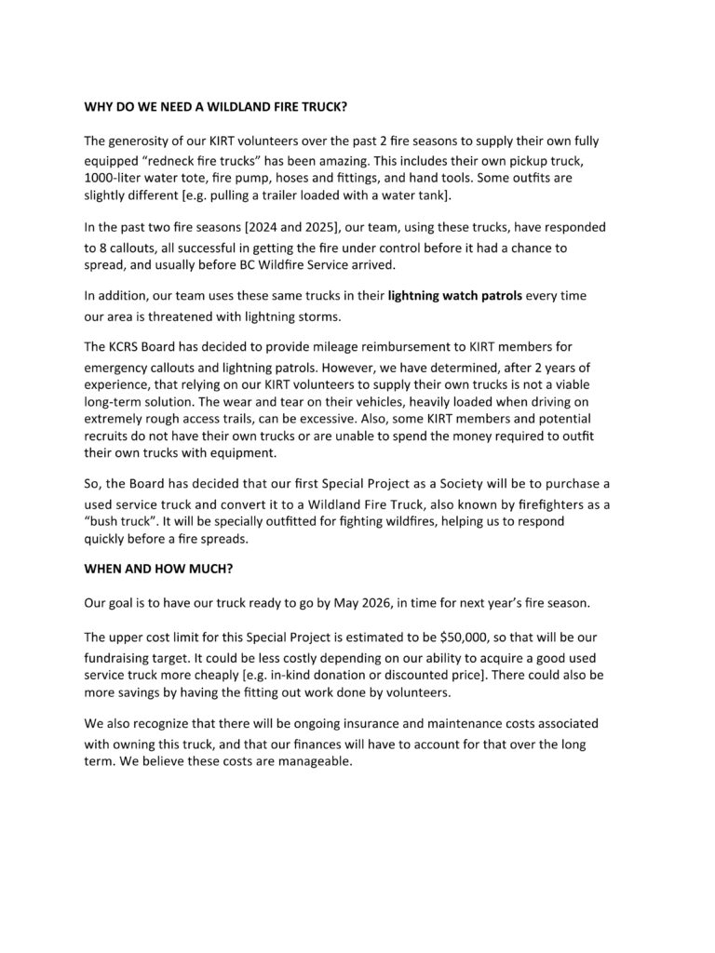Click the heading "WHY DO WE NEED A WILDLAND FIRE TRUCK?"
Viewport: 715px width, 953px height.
click(216, 106)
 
